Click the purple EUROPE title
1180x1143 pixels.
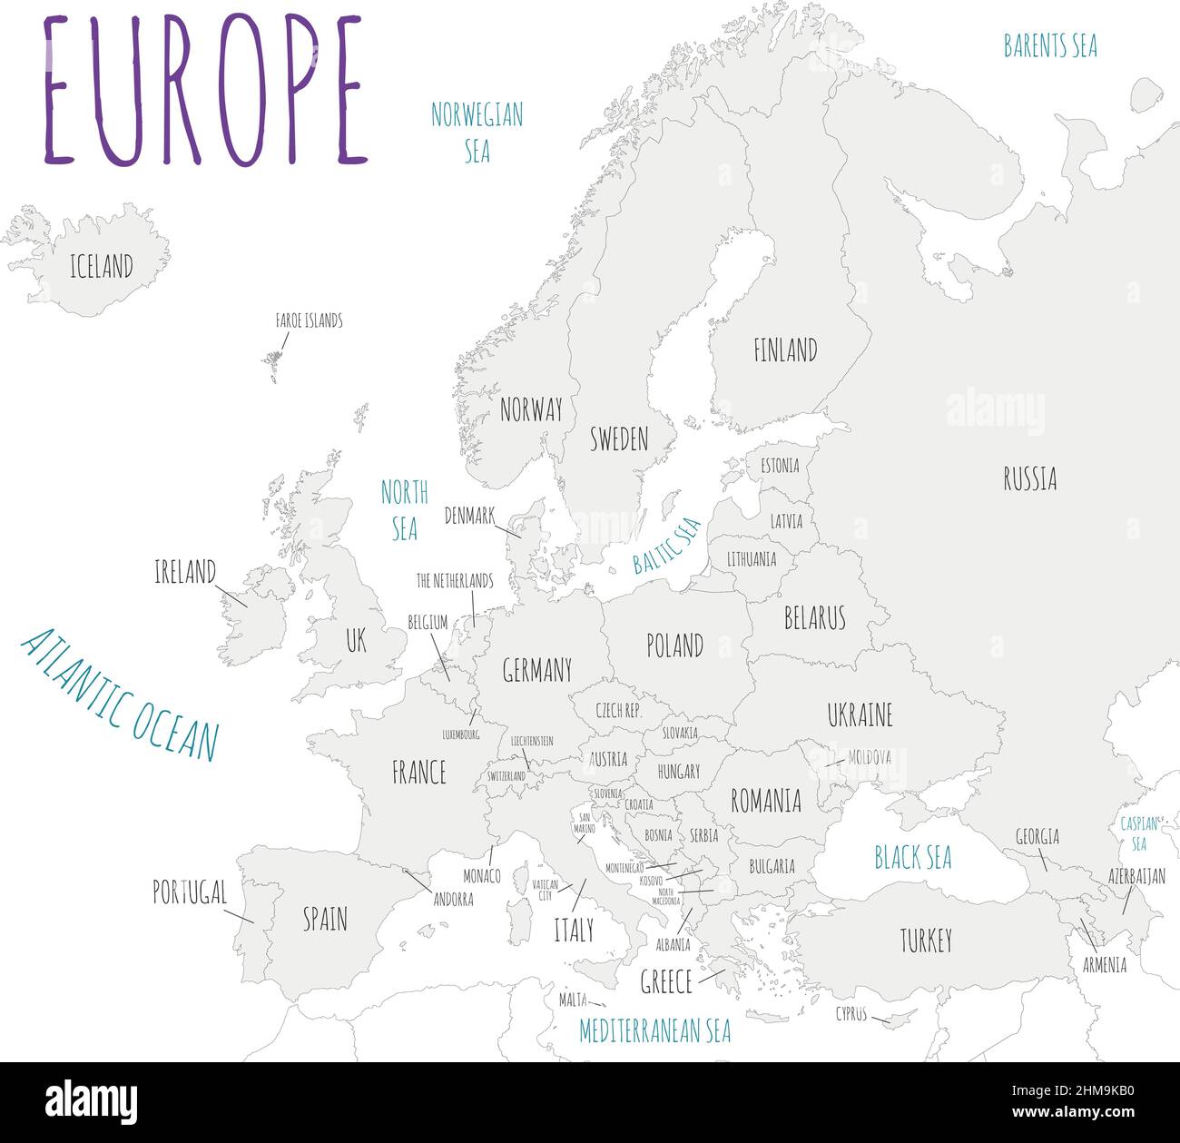pyautogui.click(x=205, y=91)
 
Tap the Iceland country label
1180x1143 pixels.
pyautogui.click(x=102, y=266)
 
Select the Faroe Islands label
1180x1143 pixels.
pyautogui.click(x=309, y=320)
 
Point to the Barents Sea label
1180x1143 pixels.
pyautogui.click(x=1049, y=46)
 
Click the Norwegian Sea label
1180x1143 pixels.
pyautogui.click(x=477, y=133)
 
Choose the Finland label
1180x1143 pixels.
pyautogui.click(x=785, y=350)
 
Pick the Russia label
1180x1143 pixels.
pyautogui.click(x=1029, y=478)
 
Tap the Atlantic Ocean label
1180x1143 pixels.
pyautogui.click(x=121, y=694)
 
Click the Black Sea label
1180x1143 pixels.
pyautogui.click(x=912, y=857)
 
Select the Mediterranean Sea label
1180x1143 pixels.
pyautogui.click(x=654, y=1030)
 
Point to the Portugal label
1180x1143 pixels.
pyautogui.click(x=189, y=892)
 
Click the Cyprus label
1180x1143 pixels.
pyautogui.click(x=851, y=1014)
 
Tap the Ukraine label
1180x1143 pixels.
pyautogui.click(x=860, y=714)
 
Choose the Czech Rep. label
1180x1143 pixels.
pyautogui.click(x=618, y=711)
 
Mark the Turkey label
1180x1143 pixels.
pyautogui.click(x=926, y=941)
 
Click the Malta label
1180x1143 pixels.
pyautogui.click(x=573, y=1000)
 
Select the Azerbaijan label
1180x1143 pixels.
pyautogui.click(x=1136, y=876)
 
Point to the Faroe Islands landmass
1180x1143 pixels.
pyautogui.click(x=272, y=364)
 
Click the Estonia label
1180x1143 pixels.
pyautogui.click(x=780, y=466)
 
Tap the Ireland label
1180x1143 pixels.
pyautogui.click(x=185, y=572)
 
